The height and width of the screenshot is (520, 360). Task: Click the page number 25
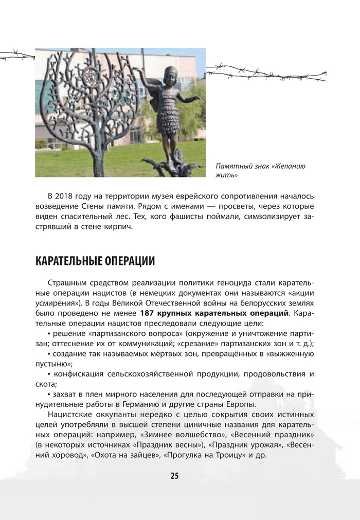click(174, 476)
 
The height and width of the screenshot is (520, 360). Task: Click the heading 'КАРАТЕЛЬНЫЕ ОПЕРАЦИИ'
click(95, 261)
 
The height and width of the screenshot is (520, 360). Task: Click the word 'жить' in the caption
click(223, 174)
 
